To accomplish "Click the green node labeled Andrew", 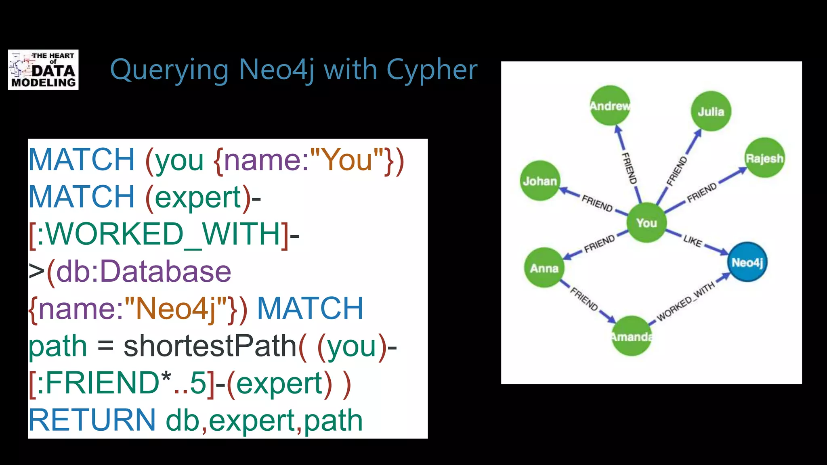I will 610,106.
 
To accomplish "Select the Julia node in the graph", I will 711,111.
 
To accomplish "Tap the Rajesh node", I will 764,158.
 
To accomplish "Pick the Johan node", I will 540,181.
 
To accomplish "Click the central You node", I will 646,222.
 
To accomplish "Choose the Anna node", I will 544,268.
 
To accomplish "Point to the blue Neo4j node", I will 747,262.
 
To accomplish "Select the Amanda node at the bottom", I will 632,336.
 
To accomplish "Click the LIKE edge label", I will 693,241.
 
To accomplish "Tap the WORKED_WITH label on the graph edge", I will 686,302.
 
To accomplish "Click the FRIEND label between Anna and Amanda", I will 584,299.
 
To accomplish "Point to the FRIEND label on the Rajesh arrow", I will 702,192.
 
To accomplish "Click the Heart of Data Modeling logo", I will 43,70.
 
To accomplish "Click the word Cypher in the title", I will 431,70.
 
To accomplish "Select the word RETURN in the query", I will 92,420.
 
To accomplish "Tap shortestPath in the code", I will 210,346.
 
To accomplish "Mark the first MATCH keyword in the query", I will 81,160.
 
